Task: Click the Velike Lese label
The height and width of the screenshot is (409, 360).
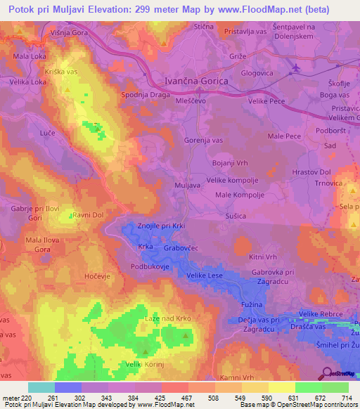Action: (x=206, y=277)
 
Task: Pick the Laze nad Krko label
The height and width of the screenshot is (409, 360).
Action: (x=167, y=320)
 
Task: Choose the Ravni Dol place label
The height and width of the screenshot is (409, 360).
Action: (x=89, y=216)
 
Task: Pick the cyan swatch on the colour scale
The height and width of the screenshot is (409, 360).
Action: (x=41, y=387)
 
